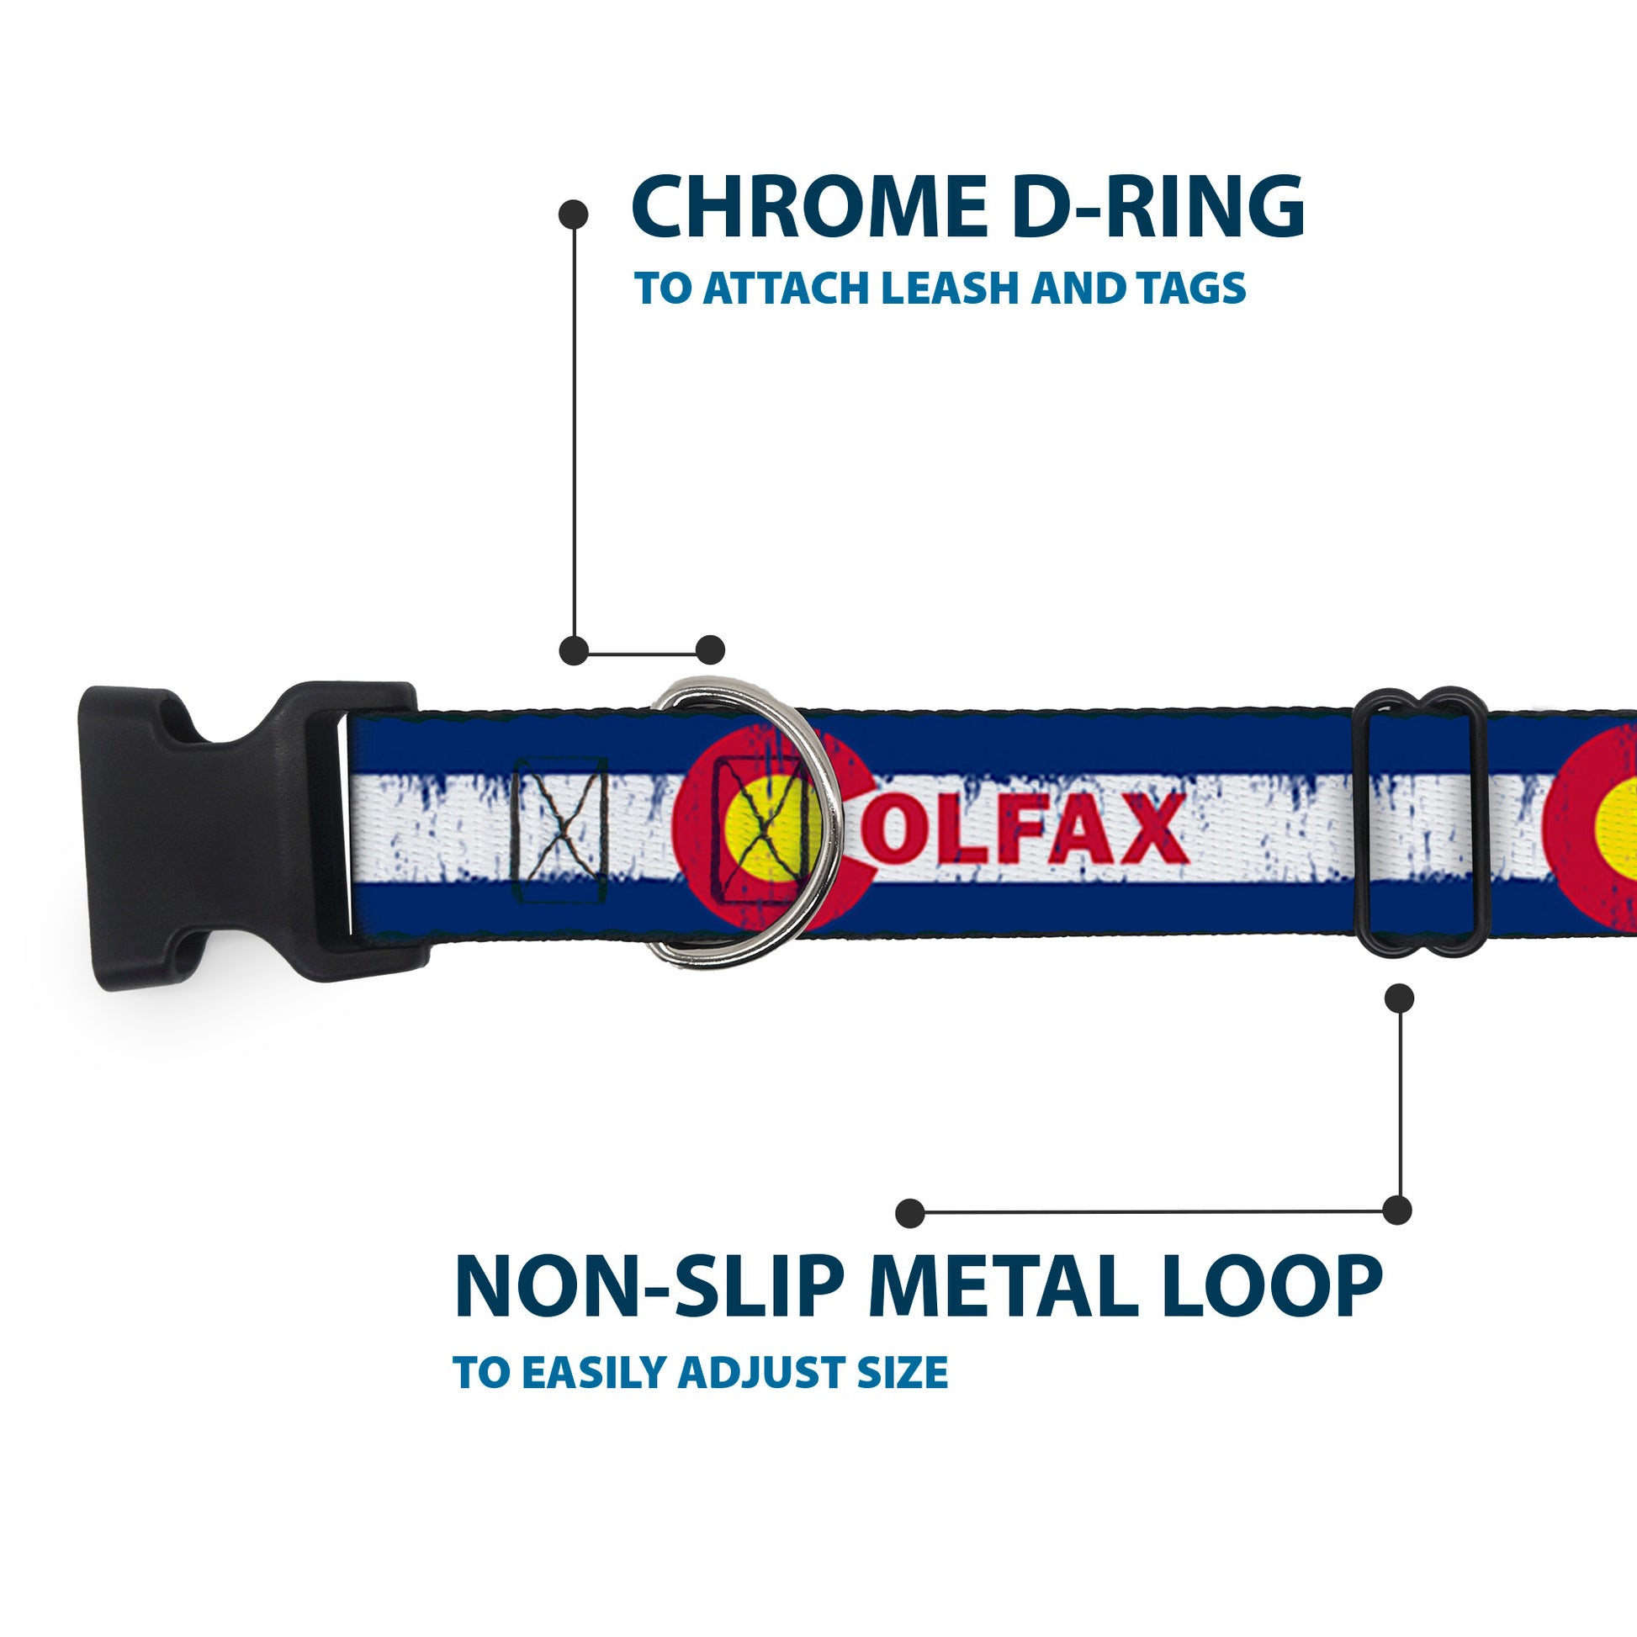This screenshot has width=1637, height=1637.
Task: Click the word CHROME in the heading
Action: [x=809, y=207]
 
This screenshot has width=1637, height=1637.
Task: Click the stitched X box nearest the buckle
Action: [x=560, y=829]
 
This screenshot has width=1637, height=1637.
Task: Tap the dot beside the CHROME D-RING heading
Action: [x=574, y=215]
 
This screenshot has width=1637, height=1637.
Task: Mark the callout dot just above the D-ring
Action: [x=710, y=650]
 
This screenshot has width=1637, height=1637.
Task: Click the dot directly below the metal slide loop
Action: [x=1399, y=999]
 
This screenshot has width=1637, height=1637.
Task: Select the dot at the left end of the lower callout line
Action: [x=910, y=1212]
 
